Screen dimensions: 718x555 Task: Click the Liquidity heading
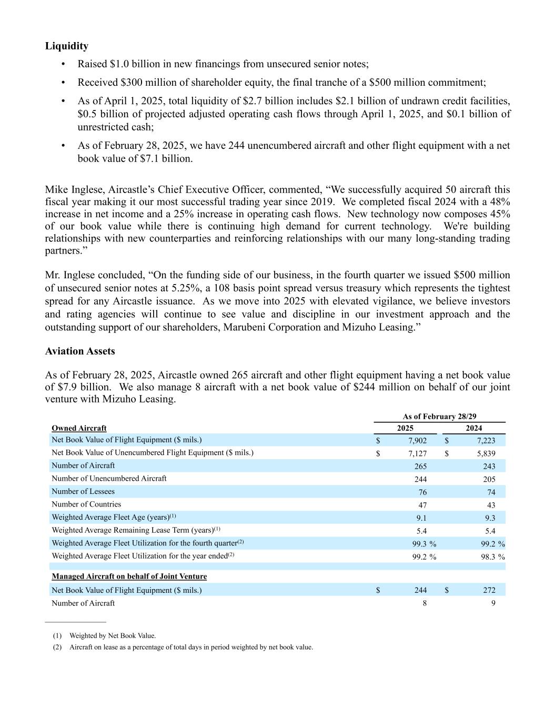coord(66,46)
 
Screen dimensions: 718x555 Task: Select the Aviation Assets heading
coord(80,351)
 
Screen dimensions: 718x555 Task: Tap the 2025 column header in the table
coord(405,428)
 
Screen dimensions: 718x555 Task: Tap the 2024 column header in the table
coord(473,428)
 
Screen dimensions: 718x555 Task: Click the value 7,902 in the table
coord(417,441)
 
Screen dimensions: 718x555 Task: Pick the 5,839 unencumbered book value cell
coord(486,453)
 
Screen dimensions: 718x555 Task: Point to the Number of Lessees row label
coord(83,491)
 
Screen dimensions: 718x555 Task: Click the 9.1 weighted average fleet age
coord(421,518)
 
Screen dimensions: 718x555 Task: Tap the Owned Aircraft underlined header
coord(79,428)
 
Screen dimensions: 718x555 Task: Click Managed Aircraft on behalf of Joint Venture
coord(129,577)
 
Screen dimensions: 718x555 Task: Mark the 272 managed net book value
coord(489,591)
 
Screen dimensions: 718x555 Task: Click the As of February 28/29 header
coord(439,417)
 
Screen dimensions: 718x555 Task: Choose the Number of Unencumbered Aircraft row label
coord(109,479)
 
